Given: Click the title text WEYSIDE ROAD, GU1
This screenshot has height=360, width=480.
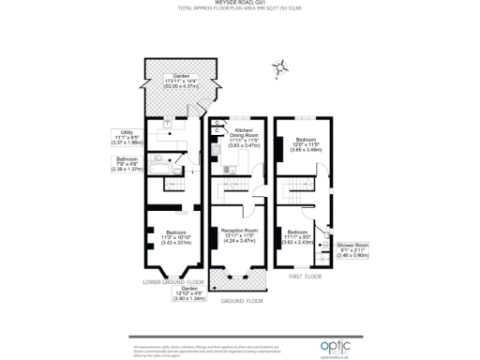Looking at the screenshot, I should point(239,4).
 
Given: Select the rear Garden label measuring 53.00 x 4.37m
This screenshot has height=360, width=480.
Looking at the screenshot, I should point(177,81).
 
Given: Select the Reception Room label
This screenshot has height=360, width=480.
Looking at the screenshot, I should point(239,233).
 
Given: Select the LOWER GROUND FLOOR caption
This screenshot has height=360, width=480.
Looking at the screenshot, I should point(173,281).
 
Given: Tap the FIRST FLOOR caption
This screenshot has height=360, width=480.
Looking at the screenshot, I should point(307,277).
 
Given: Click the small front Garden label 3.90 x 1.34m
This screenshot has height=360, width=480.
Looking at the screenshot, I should point(178,294).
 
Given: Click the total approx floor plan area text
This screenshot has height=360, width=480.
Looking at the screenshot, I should point(239,10).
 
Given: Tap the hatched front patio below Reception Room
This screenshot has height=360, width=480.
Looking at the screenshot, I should point(239,280).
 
